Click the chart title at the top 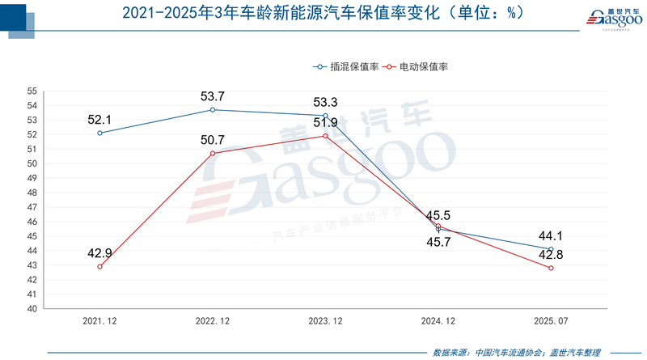pyautogui.click(x=323, y=14)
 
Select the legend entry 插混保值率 pyautogui.click(x=349, y=67)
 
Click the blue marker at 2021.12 pyautogui.click(x=99, y=133)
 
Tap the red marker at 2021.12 pyautogui.click(x=99, y=266)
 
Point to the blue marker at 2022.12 pyautogui.click(x=213, y=109)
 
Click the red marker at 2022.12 pyautogui.click(x=213, y=153)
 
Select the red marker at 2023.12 pyautogui.click(x=325, y=136)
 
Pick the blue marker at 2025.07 pyautogui.click(x=551, y=249)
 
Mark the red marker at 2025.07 pyautogui.click(x=551, y=268)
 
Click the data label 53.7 pyautogui.click(x=213, y=96)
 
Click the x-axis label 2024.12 pyautogui.click(x=438, y=321)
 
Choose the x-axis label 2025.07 pyautogui.click(x=551, y=321)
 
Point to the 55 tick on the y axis pyautogui.click(x=33, y=91)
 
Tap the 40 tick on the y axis pyautogui.click(x=33, y=308)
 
